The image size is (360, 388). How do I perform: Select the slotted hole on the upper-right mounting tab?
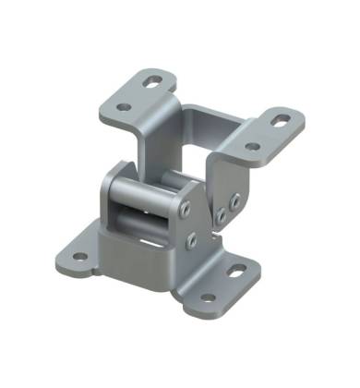pyautogui.click(x=280, y=120)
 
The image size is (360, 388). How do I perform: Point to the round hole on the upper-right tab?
pyautogui.click(x=252, y=146)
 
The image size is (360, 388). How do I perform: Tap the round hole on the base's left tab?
pyautogui.click(x=79, y=257)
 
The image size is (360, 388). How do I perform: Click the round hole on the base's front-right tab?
pyautogui.click(x=207, y=297)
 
